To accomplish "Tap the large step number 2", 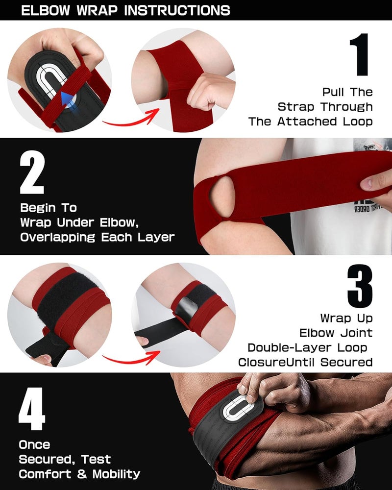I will [x=32, y=175].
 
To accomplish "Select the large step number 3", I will [x=360, y=286].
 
